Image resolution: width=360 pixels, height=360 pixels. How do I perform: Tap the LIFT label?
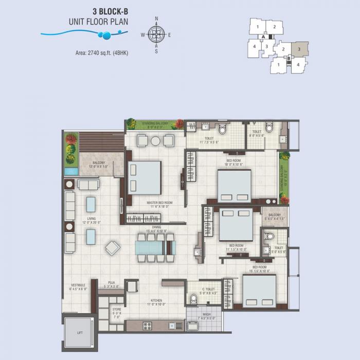click(79, 333)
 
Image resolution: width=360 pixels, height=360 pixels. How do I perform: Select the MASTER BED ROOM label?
click(159, 203)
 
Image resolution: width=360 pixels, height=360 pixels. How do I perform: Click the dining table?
click(156, 247)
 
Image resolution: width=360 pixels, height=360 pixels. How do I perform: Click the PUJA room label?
click(111, 285)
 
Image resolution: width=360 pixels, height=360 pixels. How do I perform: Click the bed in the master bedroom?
click(145, 178)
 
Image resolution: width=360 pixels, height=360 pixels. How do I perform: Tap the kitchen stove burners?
click(147, 325)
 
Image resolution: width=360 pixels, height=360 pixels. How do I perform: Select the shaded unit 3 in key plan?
click(299, 49)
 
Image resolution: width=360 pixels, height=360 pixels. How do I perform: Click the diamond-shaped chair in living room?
click(113, 248)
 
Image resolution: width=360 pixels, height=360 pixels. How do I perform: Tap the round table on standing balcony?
click(155, 140)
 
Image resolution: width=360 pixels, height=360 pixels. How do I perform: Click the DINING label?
click(156, 227)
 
